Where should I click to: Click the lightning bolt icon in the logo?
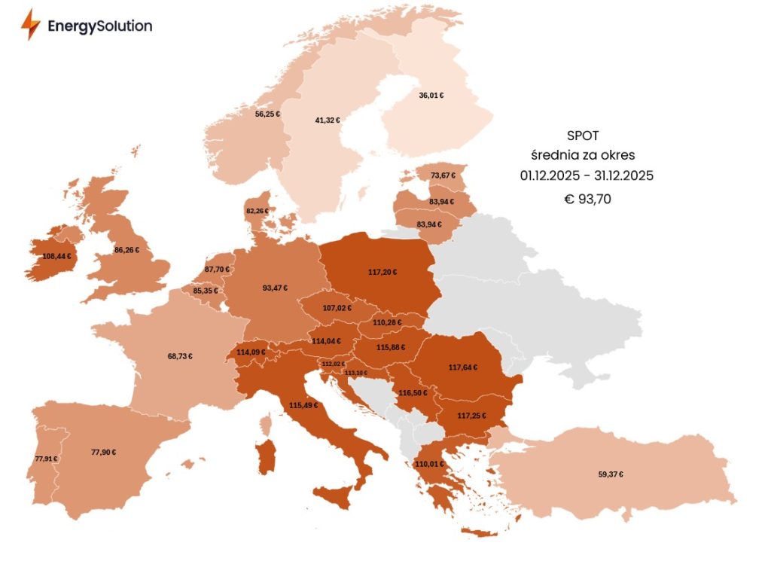30,25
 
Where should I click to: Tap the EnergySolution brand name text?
99,26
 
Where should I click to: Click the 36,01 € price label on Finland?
431,96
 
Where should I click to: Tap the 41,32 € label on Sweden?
328,120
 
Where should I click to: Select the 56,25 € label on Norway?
267,114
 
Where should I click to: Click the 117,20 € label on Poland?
383,272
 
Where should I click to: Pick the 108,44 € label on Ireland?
58,256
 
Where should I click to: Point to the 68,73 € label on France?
179,355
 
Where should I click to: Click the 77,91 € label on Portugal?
46,459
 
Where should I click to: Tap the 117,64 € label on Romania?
463,367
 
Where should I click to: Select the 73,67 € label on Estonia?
443,175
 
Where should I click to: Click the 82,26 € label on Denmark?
258,211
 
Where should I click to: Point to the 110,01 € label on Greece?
428,464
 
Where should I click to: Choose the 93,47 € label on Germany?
274,288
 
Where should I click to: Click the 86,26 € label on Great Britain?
126,249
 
